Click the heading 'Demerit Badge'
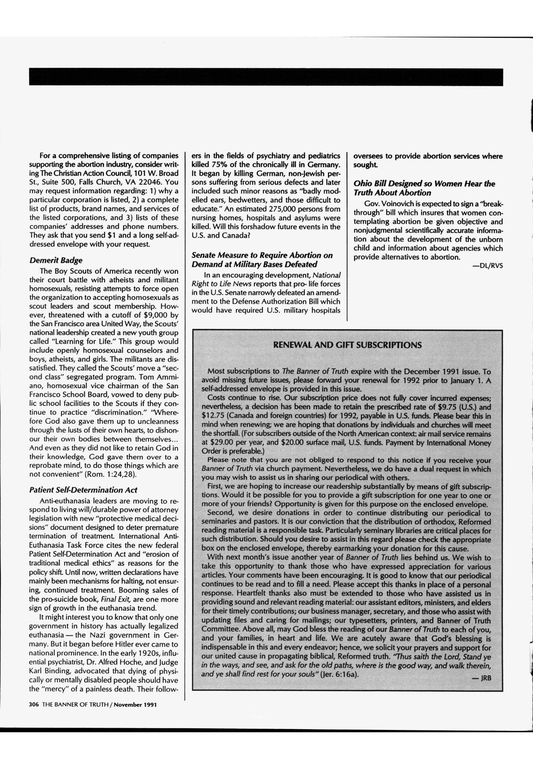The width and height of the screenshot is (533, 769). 56,260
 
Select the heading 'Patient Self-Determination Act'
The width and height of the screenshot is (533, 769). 83,490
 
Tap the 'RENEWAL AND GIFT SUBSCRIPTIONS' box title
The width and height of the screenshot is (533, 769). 347,345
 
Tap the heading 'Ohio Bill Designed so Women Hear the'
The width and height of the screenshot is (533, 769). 424,184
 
